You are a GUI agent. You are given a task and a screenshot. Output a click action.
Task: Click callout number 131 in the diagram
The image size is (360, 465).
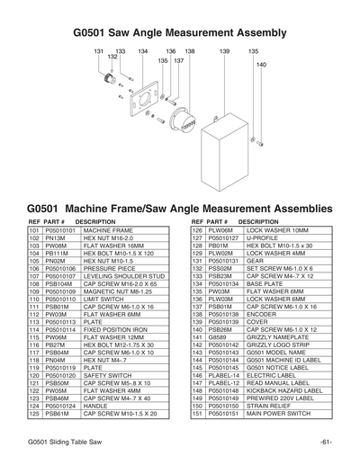pos(99,51)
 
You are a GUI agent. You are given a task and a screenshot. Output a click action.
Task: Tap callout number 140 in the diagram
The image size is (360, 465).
pos(261,65)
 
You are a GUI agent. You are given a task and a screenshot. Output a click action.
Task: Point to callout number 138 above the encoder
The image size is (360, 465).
pos(190,51)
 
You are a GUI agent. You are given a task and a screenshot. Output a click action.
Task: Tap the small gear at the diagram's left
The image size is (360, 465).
pos(111,78)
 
